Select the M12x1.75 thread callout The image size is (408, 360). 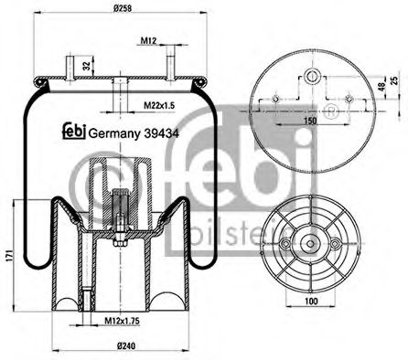[x=119, y=320]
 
